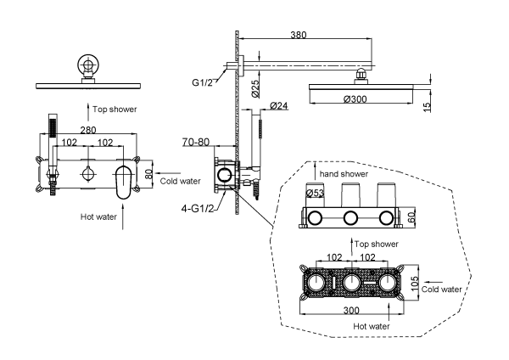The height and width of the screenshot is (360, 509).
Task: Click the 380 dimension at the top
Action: point(297,37)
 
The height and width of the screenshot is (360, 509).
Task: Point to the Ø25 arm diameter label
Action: point(255,87)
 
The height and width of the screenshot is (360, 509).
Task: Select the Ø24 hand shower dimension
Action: point(281,105)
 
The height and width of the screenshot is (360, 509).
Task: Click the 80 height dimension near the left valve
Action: point(148,173)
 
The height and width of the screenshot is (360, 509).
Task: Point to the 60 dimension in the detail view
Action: point(413,218)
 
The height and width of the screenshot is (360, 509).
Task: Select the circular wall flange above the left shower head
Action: point(87,65)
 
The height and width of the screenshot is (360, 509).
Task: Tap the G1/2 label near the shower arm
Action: point(203,82)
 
